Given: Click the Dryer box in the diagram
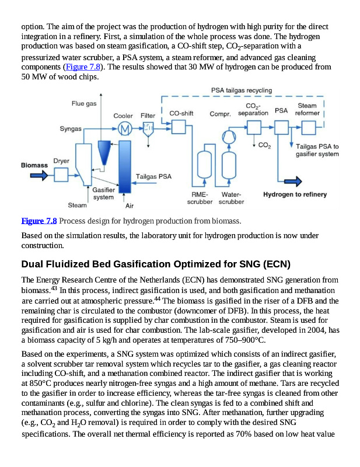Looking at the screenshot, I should pyautogui.click(x=61, y=173).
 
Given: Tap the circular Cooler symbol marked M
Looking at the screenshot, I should pyautogui.click(x=123, y=128).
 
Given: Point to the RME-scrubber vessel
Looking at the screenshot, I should pyautogui.click(x=205, y=166).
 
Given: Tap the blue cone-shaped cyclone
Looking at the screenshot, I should pyautogui.click(x=104, y=154).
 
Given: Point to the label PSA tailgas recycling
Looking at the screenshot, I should pyautogui.click(x=241, y=91).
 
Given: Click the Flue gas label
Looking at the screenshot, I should pyautogui.click(x=84, y=103).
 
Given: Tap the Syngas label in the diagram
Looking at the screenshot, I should pyautogui.click(x=71, y=128).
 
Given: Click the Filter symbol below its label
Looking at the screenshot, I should pyautogui.click(x=148, y=128).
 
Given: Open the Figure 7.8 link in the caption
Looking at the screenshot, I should pyautogui.click(x=39, y=221).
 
